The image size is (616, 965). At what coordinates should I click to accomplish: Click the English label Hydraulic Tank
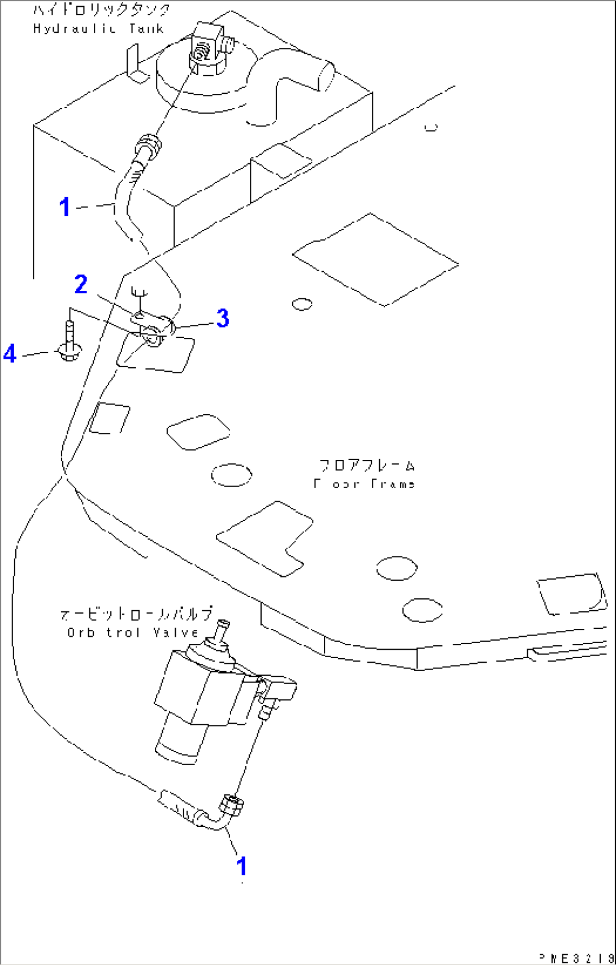coord(98,29)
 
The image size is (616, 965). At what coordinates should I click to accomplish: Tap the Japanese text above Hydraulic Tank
coord(101,10)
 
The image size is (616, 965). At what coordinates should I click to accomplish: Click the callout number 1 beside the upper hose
coord(66,207)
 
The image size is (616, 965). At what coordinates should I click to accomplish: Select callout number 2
coord(81,285)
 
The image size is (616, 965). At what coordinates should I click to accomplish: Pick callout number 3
coord(223,319)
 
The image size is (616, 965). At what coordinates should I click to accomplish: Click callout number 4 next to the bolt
coord(10,355)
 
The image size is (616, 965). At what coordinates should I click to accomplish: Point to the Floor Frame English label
coord(365,484)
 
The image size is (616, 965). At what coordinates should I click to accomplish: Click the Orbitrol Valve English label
coord(132,633)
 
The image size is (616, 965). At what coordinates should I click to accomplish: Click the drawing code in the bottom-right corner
coord(574,957)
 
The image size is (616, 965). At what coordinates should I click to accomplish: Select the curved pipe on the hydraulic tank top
coord(288,85)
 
